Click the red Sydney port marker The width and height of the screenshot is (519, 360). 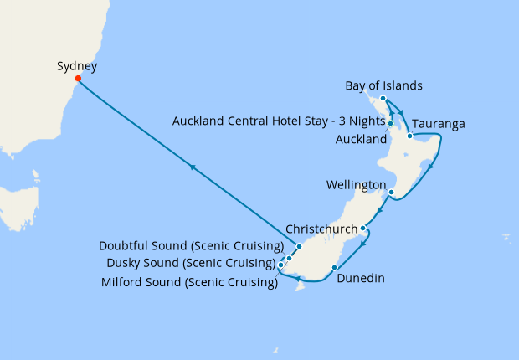(78, 80)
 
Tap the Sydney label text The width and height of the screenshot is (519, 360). (77, 66)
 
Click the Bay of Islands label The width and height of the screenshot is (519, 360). (383, 85)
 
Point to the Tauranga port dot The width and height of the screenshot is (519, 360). (409, 135)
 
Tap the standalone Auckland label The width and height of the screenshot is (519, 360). (361, 139)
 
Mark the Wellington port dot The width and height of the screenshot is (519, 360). (391, 192)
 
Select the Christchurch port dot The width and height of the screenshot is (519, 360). (362, 228)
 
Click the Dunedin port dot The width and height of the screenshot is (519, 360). (334, 268)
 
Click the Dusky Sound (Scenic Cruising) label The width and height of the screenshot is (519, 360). (190, 263)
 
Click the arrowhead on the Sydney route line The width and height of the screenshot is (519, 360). (193, 168)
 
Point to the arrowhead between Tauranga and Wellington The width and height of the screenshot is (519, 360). (430, 167)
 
